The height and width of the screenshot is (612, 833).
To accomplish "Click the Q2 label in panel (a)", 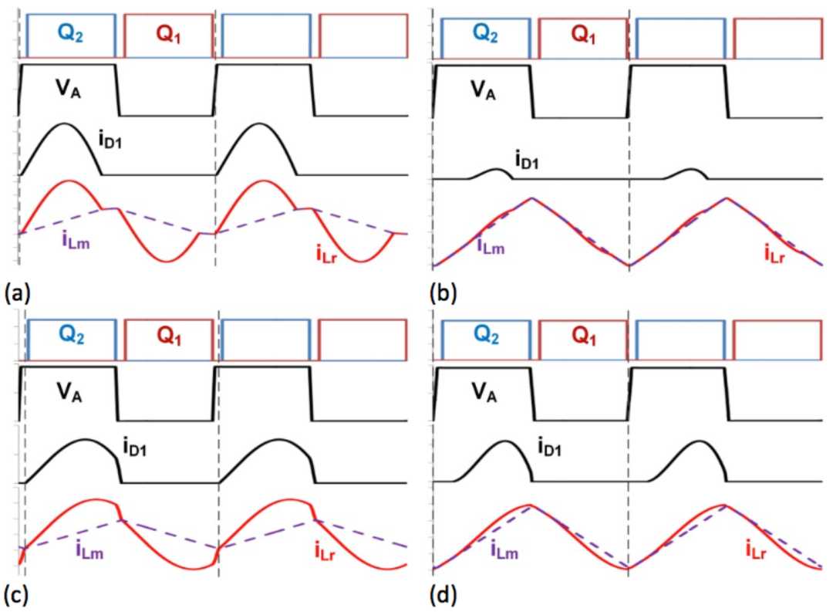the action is click(x=71, y=34).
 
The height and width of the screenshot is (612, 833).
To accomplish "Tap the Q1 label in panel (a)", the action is click(x=168, y=34).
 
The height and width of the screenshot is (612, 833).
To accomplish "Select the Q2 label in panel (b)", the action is click(x=486, y=34).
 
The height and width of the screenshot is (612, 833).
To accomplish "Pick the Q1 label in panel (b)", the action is click(x=583, y=34).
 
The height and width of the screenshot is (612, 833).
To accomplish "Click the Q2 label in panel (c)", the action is click(x=71, y=335).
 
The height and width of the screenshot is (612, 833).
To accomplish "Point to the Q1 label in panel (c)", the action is click(x=169, y=336).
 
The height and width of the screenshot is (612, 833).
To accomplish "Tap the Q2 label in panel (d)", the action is click(x=486, y=335).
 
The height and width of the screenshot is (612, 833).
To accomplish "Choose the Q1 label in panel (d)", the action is click(x=584, y=336).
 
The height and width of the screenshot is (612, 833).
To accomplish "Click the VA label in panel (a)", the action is click(x=69, y=90).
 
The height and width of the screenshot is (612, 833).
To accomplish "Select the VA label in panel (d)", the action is click(x=484, y=393).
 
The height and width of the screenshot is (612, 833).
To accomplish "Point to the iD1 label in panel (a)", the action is click(x=110, y=140).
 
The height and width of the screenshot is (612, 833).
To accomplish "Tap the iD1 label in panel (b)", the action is click(x=527, y=160).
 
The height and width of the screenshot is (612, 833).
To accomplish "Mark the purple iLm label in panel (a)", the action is click(x=76, y=242).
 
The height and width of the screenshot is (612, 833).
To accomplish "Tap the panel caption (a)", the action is click(x=17, y=293).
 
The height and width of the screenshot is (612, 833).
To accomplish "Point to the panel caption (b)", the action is click(x=443, y=293).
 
